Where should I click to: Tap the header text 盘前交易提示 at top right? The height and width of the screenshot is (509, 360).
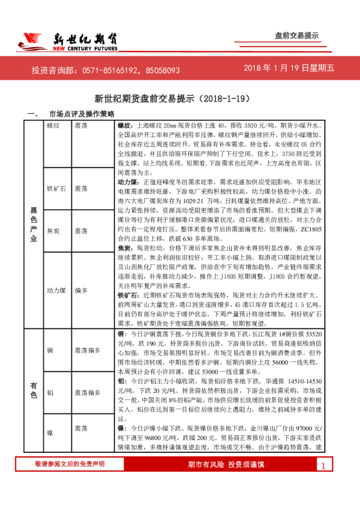click(x=296, y=36)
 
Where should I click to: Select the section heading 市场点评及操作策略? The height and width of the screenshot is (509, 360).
click(x=81, y=114)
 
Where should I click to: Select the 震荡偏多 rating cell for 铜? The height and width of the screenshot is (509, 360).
click(x=87, y=350)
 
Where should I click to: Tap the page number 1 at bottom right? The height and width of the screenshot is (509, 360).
click(x=324, y=482)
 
